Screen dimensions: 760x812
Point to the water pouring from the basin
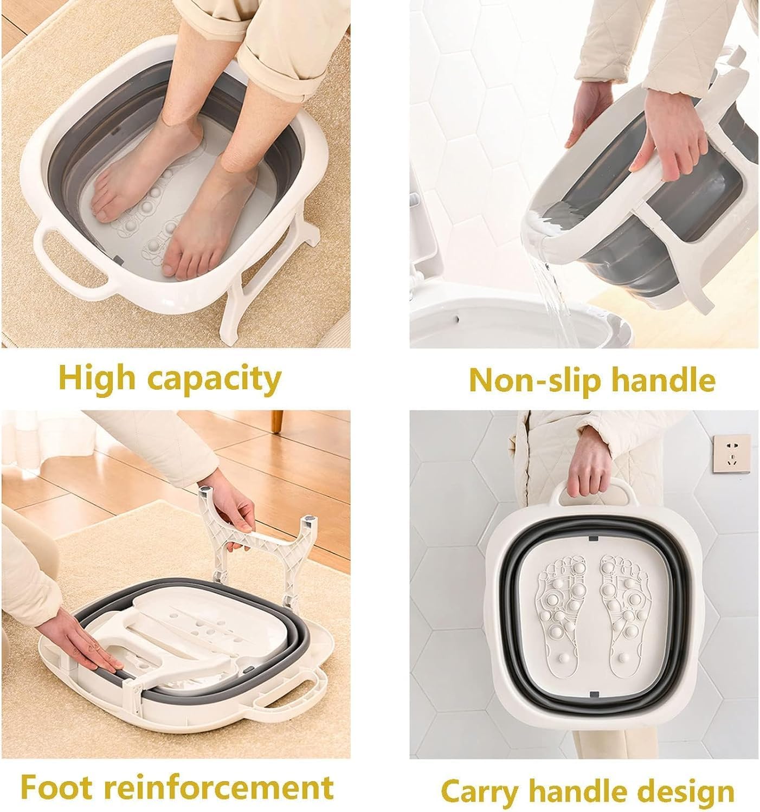click(550, 294)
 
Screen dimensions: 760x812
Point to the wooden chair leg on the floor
click(277, 422)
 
